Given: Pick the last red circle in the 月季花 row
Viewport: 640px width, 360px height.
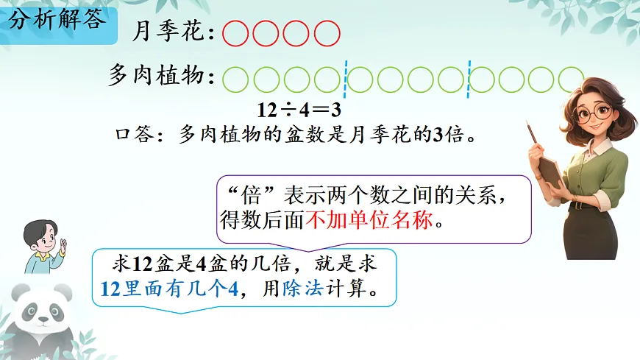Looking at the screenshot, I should [327, 34].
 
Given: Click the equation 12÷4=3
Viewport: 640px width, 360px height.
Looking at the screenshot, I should [299, 110].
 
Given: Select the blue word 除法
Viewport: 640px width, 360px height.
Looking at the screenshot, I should [303, 289].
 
